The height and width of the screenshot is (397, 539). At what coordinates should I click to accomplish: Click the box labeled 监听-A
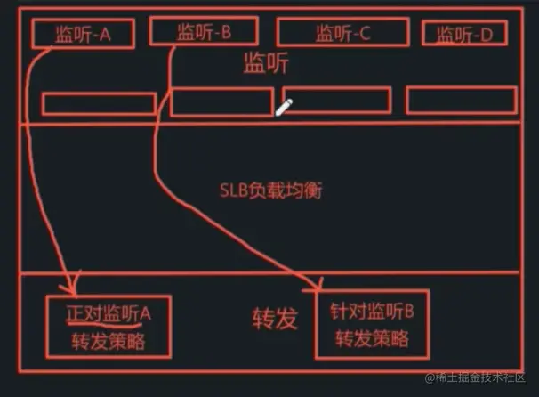point(82,34)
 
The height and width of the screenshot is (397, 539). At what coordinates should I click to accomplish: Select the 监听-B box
point(203,32)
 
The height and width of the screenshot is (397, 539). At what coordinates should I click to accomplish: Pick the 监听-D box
point(470,34)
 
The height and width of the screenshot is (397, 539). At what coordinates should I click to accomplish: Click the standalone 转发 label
point(274,319)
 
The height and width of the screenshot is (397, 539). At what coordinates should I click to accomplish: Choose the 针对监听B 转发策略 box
point(372,325)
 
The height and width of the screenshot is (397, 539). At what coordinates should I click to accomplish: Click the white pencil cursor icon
point(284,108)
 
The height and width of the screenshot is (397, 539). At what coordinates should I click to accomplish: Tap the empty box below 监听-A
point(99,103)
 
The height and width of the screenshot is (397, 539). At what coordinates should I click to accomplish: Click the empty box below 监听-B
point(221,102)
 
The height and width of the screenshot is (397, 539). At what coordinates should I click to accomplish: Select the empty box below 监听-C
point(336,100)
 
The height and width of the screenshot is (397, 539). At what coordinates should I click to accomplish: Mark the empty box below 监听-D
point(461,101)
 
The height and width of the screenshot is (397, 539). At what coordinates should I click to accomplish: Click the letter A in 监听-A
point(105,35)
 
